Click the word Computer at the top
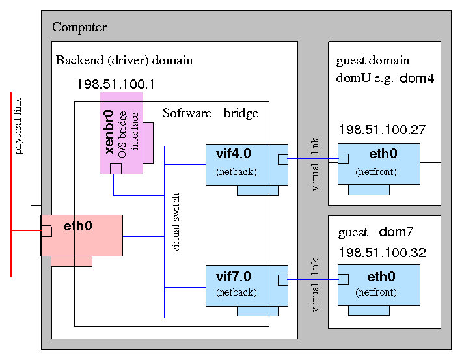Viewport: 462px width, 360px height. tap(79, 27)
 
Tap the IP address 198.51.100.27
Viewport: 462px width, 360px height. tap(382, 130)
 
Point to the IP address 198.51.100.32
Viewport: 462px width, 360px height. tap(382, 253)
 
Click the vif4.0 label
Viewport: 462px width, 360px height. tap(233, 154)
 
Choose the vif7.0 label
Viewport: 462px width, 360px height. tap(233, 277)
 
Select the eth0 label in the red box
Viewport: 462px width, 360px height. tap(78, 227)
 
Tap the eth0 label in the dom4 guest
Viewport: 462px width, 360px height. tap(383, 154)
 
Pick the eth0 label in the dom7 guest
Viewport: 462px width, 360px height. tap(382, 277)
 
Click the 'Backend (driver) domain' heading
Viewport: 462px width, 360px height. tap(124, 61)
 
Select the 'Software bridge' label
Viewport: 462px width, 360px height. tap(210, 113)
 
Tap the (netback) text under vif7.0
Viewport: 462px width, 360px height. tap(236, 292)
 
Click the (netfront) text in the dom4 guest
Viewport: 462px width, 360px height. tap(376, 172)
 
